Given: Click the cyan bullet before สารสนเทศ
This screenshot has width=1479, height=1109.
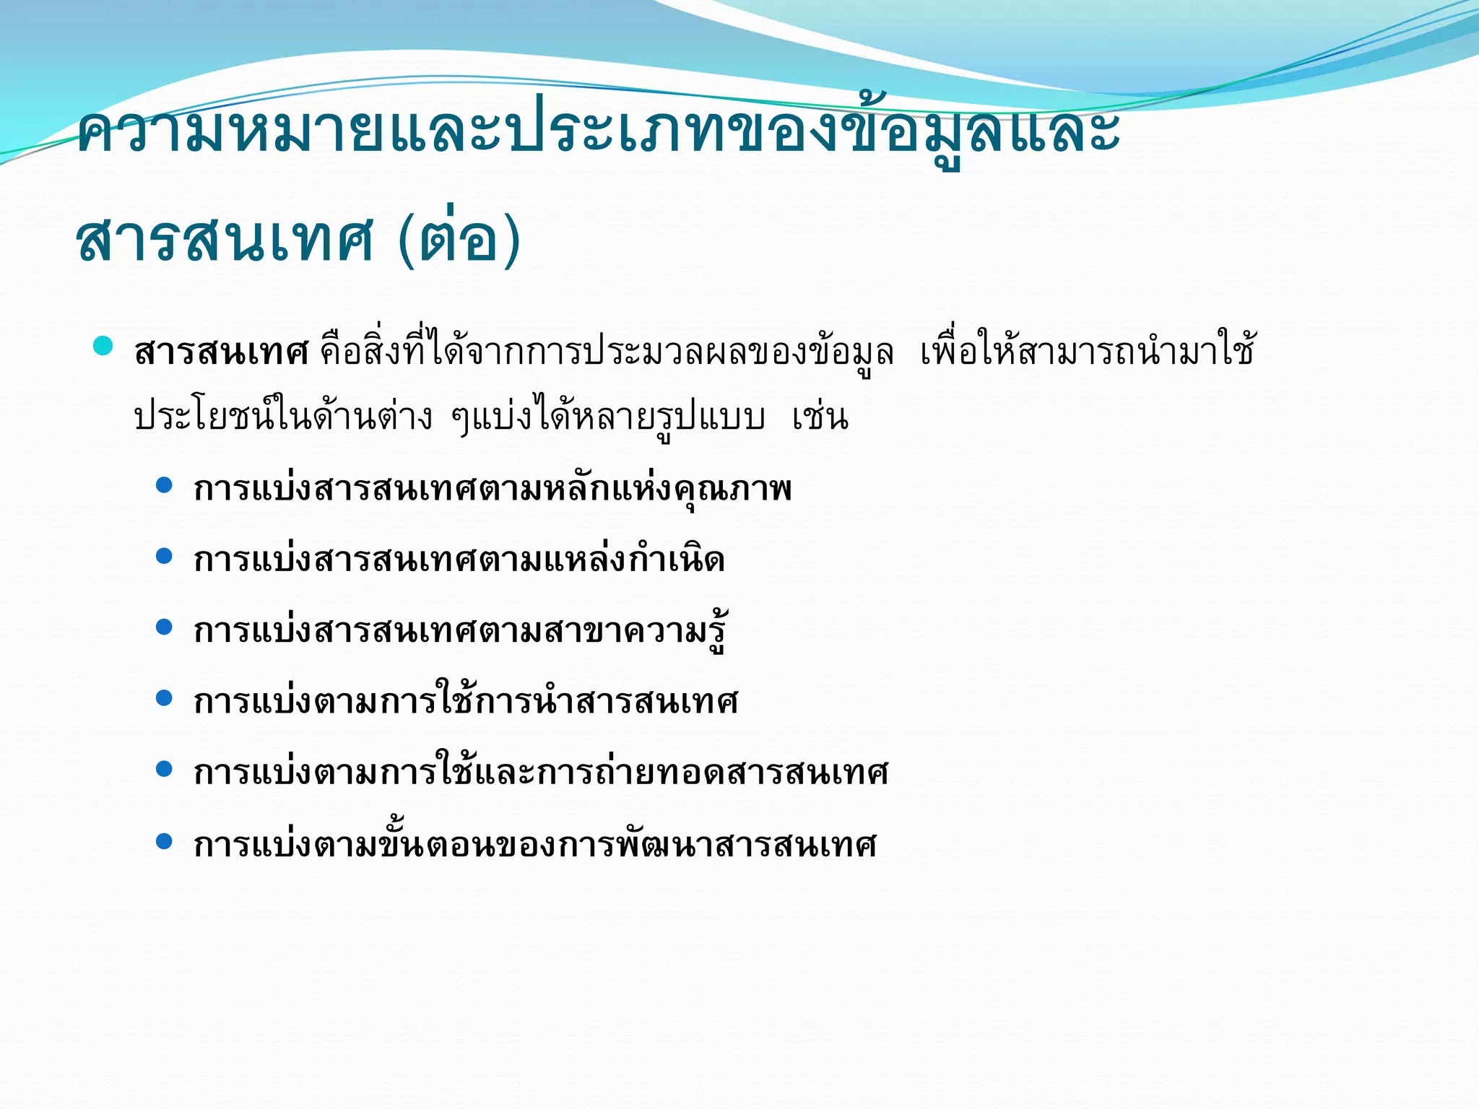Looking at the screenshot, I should (103, 346).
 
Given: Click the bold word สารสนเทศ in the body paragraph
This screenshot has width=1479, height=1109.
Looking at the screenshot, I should (221, 353).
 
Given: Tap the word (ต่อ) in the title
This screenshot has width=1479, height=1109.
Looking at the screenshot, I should (459, 240).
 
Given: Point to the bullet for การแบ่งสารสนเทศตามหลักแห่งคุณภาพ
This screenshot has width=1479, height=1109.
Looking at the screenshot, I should (165, 485).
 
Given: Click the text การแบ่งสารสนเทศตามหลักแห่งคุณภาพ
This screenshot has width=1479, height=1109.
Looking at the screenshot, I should (493, 489).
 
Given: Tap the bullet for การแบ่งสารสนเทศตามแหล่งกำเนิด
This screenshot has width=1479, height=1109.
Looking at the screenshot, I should (165, 556).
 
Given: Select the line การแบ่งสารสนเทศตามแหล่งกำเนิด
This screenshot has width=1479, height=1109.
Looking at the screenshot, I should (459, 560).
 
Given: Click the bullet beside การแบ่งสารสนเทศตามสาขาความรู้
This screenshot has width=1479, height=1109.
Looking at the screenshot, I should (165, 627).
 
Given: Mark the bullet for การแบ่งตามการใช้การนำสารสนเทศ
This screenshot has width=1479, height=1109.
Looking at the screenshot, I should (165, 697).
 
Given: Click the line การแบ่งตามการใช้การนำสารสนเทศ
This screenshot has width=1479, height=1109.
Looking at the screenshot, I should (466, 701).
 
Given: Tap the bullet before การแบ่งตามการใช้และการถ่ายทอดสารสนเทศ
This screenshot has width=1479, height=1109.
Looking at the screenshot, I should (165, 769).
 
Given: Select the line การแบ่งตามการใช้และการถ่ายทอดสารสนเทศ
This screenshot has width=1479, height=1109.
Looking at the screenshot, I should (541, 773).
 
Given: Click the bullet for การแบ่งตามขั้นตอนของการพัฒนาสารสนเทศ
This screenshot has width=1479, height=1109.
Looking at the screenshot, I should (165, 840).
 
